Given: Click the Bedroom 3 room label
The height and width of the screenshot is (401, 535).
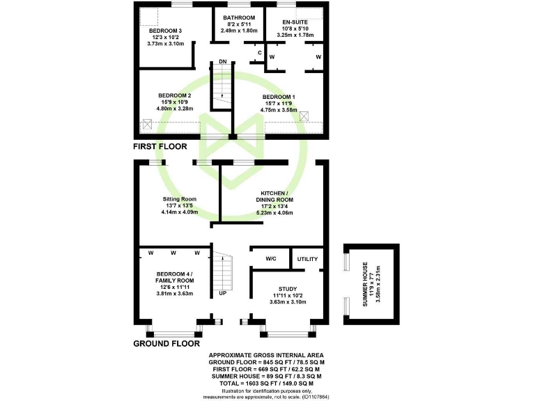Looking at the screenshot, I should click(x=165, y=31).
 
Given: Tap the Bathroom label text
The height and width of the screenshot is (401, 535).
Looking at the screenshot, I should click(x=239, y=17).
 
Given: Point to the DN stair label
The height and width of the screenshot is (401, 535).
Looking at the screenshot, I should click(x=223, y=62).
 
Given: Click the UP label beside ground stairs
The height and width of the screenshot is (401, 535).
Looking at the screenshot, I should click(x=223, y=292).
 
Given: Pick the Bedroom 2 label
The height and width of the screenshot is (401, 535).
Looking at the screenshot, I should click(x=174, y=95).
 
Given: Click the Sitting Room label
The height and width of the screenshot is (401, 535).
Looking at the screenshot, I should click(x=180, y=198).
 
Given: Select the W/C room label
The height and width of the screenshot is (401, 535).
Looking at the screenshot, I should click(x=271, y=259).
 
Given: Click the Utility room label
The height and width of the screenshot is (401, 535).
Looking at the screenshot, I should click(x=307, y=259).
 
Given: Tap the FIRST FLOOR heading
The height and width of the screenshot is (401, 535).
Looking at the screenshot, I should click(x=160, y=147).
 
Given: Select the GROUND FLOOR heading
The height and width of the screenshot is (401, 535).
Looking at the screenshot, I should click(x=166, y=343).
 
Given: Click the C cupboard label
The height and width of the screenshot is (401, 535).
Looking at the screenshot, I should click(x=259, y=53).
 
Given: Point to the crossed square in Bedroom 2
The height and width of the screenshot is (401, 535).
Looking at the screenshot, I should click(x=148, y=125).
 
